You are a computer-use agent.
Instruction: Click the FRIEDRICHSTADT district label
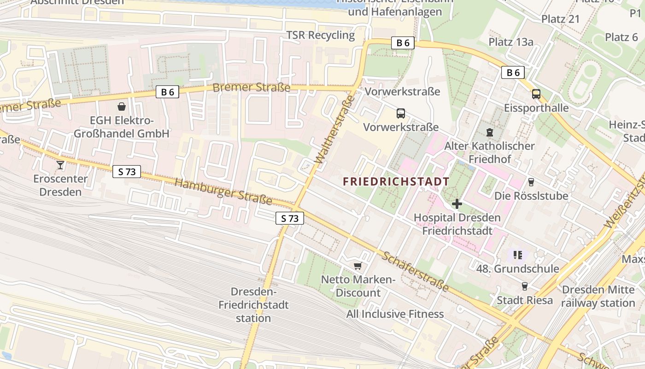pos(396,182)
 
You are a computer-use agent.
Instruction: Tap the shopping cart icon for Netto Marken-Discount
pos(358,266)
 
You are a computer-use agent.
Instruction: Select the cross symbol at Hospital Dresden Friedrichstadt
pos(457,203)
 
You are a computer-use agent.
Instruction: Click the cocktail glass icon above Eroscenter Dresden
pos(60,165)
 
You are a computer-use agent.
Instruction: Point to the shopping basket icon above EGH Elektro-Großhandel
pos(122,107)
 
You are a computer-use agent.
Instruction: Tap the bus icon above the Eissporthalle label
pos(536,94)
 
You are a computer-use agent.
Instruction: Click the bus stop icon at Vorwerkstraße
pos(401,113)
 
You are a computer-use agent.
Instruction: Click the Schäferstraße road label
pos(415,271)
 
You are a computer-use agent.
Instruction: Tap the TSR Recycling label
pos(321,35)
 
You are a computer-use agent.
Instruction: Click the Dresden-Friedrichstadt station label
pos(253,305)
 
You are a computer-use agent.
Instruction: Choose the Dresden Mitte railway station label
pos(598,296)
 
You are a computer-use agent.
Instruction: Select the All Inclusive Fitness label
pos(395,314)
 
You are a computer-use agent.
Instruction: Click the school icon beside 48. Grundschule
pos(518,255)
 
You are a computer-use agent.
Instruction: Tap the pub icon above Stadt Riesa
pos(524,286)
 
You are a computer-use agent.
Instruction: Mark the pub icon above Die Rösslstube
pos(531,182)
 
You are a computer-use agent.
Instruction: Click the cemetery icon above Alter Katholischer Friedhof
pos(489,132)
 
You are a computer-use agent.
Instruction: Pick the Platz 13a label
pos(511,42)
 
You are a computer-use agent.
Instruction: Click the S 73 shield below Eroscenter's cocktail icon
pos(127,172)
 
